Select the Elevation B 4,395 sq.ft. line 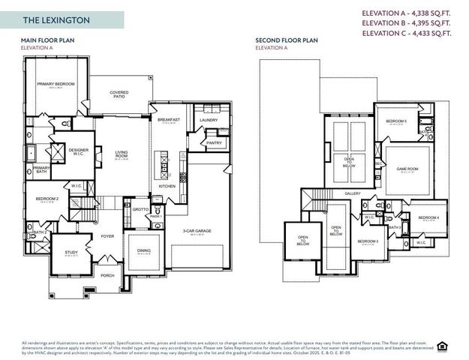point(407,23)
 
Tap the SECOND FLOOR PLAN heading point(287,40)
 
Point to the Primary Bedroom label point(56,84)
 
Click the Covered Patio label point(119,94)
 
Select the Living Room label point(122,155)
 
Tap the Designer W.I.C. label point(79,151)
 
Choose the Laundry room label point(209,119)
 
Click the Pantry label point(213,142)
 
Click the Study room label point(71,253)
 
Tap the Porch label point(107,274)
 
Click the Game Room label point(407,169)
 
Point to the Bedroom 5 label point(396,121)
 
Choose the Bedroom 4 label point(428,217)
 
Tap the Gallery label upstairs point(353,193)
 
